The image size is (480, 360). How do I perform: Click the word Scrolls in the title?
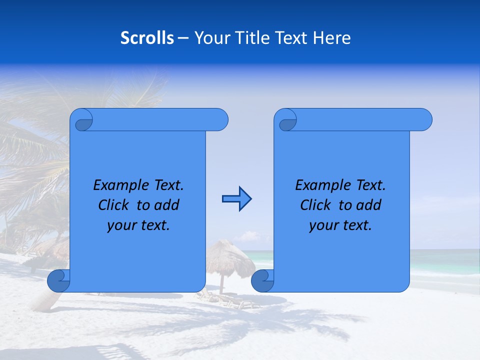click(147, 37)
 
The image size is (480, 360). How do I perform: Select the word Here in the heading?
click(332, 37)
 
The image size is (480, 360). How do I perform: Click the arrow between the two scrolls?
click(236, 199)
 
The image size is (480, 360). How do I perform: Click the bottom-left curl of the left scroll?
click(58, 280)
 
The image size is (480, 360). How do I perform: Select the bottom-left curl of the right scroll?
click(262, 280)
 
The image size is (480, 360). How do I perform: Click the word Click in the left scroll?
click(113, 205)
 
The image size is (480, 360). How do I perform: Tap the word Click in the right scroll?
click(315, 205)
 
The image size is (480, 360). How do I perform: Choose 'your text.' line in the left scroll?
click(138, 225)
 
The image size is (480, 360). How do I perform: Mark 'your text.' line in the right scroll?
click(340, 225)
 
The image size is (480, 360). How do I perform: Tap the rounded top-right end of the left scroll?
click(220, 120)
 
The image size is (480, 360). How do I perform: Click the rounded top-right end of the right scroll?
click(424, 120)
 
